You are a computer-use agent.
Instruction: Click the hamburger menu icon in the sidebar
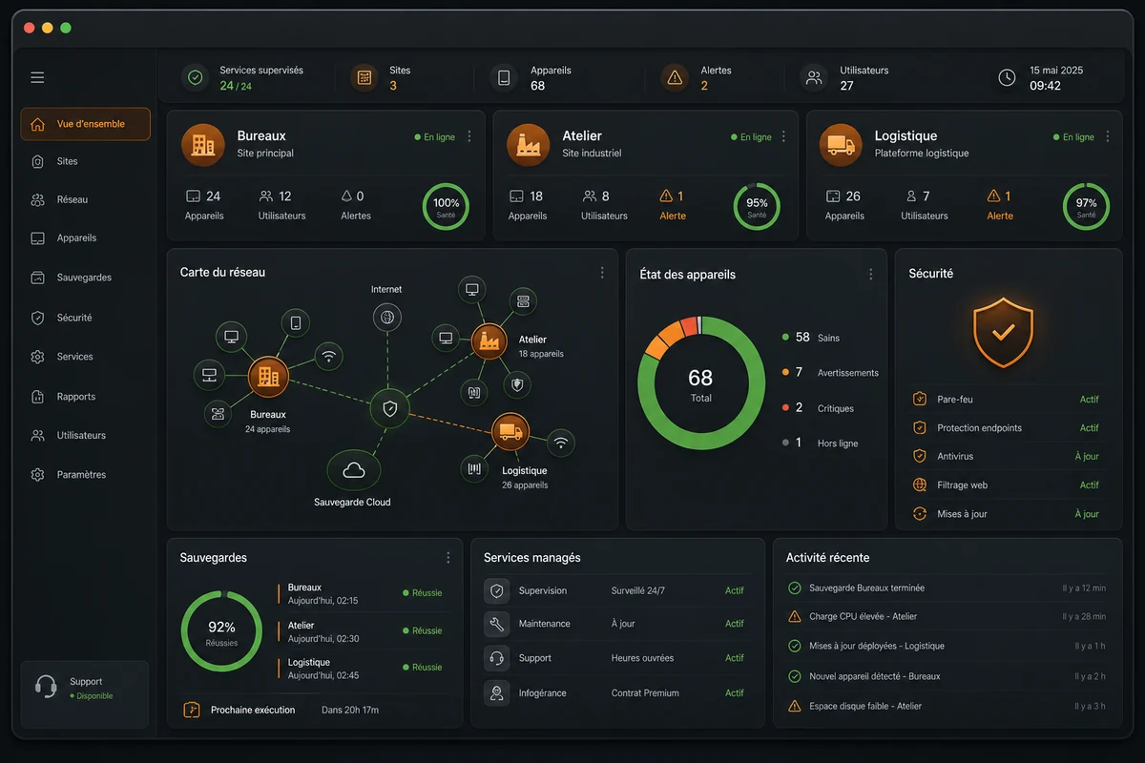[37, 77]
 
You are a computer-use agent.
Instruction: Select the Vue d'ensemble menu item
[85, 124]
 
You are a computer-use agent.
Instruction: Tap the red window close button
[30, 28]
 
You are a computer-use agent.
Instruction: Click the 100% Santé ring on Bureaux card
[446, 184]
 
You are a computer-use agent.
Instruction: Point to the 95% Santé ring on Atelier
[757, 184]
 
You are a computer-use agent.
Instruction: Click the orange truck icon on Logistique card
[841, 145]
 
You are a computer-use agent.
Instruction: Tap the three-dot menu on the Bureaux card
[469, 136]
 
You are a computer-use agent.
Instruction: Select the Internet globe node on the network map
[387, 317]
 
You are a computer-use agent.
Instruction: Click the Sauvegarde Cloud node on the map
[354, 470]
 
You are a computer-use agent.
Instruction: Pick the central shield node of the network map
[389, 408]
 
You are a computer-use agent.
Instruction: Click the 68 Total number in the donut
[700, 379]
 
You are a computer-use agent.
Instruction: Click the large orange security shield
[1003, 333]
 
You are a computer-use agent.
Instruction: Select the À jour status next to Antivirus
[1086, 456]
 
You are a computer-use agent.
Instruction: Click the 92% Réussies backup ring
[221, 592]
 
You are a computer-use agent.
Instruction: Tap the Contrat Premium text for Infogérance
[645, 693]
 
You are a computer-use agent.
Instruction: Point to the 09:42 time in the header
[1045, 86]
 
